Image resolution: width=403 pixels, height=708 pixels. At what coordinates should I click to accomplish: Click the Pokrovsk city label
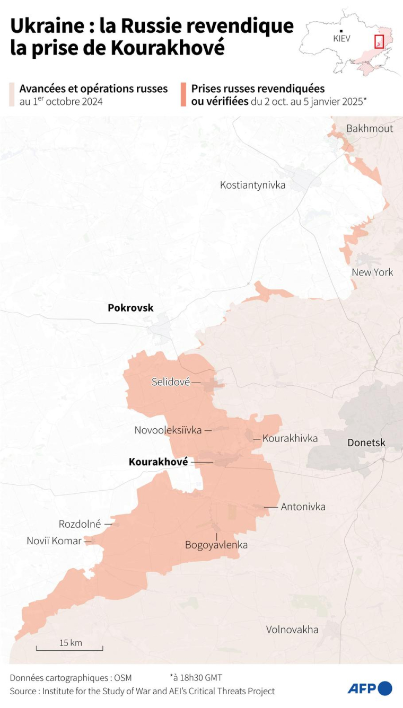[x=130, y=308]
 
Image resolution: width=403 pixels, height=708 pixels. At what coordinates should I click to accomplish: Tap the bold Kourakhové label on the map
[x=158, y=462]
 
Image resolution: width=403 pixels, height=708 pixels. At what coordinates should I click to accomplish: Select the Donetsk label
[x=366, y=442]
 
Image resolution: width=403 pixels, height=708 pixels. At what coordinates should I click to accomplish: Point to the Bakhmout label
[x=370, y=129]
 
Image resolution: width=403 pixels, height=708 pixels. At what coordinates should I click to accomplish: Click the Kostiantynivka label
[x=253, y=185]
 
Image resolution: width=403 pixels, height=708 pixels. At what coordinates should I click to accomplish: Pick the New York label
[x=372, y=272]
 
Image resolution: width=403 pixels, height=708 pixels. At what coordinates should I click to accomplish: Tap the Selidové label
[x=170, y=382]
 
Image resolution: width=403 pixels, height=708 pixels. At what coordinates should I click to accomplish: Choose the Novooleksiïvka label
[x=168, y=430]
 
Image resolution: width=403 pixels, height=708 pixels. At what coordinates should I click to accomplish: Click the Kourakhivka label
[x=290, y=438]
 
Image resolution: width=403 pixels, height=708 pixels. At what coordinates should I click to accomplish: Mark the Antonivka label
[x=303, y=507]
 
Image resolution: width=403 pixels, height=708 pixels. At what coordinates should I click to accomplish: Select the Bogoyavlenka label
[x=216, y=545]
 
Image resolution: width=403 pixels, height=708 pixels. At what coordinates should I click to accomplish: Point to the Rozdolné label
[x=80, y=524]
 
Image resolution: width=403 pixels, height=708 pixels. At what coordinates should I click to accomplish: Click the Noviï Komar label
[x=54, y=541]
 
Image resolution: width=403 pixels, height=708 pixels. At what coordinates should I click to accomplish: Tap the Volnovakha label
[x=292, y=630]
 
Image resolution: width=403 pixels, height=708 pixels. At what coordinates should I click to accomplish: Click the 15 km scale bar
[x=69, y=648]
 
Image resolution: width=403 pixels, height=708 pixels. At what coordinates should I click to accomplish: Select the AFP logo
[x=370, y=688]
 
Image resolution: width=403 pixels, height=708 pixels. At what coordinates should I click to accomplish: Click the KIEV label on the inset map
[x=341, y=39]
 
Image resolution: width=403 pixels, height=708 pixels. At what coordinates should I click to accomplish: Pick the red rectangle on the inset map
[x=379, y=41]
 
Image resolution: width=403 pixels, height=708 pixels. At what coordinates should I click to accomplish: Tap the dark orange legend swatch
[x=183, y=94]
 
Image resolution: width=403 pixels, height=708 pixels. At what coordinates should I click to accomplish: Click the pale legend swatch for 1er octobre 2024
[x=12, y=94]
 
